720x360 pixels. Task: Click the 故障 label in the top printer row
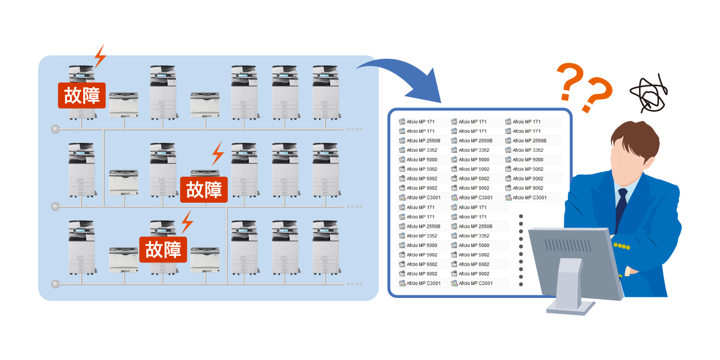click(81, 95)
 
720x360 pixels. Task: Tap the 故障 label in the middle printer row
click(204, 189)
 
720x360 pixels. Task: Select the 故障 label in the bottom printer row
click(163, 249)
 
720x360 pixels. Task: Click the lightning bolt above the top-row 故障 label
click(100, 56)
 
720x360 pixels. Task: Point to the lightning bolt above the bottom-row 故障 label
click(188, 222)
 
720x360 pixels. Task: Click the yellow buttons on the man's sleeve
click(622, 245)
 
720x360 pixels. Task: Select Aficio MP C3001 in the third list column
click(529, 198)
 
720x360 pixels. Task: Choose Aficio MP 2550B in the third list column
click(529, 141)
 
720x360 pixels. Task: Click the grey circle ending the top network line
click(55, 129)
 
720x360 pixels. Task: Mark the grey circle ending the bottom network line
click(55, 284)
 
